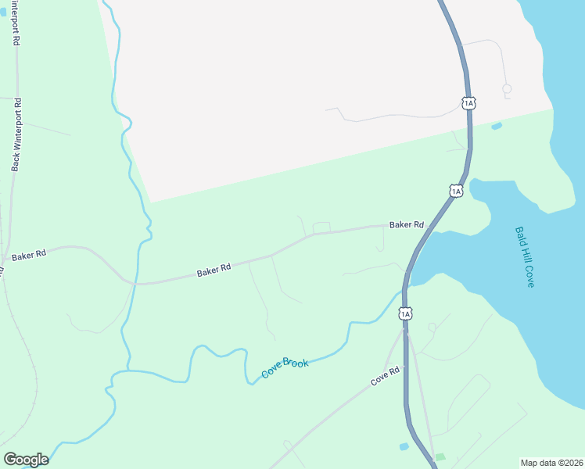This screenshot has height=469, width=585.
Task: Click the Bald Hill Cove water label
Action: (524, 257)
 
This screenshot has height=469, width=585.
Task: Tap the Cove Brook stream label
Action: (285, 367)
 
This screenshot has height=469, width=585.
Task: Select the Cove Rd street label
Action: (385, 376)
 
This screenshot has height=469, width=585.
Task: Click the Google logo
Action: (26, 460)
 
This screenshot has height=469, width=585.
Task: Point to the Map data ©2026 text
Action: (551, 462)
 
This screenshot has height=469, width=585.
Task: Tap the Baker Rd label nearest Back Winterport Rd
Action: (29, 255)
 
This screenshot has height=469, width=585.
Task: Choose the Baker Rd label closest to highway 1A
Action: (407, 224)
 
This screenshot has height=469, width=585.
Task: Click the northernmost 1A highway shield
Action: (468, 102)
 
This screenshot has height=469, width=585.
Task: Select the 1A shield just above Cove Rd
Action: (404, 313)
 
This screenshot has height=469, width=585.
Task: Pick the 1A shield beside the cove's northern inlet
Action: (456, 190)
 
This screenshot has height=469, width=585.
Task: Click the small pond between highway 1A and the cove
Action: (496, 126)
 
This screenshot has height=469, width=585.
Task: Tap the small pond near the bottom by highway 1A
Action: (404, 446)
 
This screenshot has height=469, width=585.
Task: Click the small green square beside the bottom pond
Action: (440, 456)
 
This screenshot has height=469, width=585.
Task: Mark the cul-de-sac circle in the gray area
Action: (506, 89)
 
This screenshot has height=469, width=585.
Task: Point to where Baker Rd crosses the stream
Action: (135, 283)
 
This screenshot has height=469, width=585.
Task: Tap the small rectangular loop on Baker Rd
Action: (321, 227)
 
